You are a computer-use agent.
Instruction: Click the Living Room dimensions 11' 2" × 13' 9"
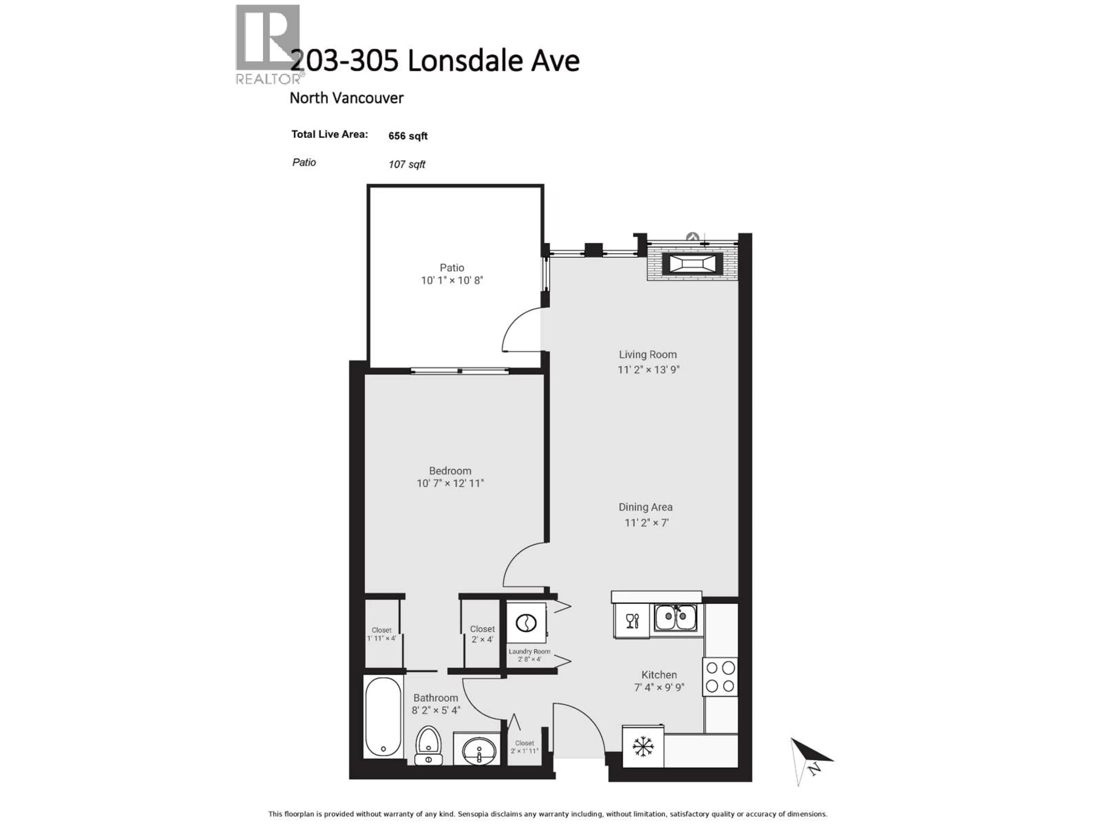click(x=648, y=369)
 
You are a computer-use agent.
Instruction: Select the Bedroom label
click(x=450, y=471)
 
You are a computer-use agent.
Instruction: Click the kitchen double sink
click(x=676, y=618)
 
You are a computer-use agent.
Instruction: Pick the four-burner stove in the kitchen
click(x=720, y=677)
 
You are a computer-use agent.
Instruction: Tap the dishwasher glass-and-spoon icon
click(x=632, y=620)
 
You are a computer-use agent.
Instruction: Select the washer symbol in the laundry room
click(x=526, y=623)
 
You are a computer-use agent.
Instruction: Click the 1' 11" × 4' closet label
click(x=381, y=634)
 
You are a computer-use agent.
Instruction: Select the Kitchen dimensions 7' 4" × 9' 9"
click(x=659, y=687)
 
